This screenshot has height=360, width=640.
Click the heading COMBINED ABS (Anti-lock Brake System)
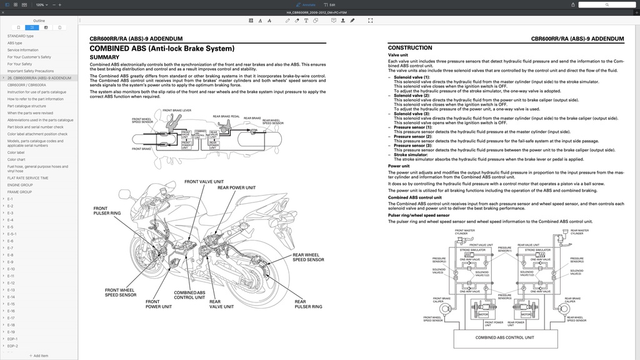pyautogui.click(x=162, y=48)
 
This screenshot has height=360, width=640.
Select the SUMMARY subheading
pyautogui.click(x=104, y=57)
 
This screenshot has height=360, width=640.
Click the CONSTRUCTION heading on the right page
pyautogui.click(x=410, y=47)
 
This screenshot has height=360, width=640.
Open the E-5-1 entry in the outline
pyautogui.click(x=12, y=234)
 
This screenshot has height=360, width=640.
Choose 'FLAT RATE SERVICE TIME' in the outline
pyautogui.click(x=27, y=178)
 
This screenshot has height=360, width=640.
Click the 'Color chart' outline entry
pyautogui.click(x=16, y=159)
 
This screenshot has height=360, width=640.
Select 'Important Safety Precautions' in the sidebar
pyautogui.click(x=31, y=71)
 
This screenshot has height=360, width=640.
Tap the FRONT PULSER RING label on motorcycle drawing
pyautogui.click(x=107, y=211)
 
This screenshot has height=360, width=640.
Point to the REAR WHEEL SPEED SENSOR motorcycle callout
pyautogui.click(x=308, y=257)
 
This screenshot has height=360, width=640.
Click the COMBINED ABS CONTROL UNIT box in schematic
pyautogui.click(x=504, y=337)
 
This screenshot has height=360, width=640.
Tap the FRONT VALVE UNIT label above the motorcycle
pyautogui.click(x=204, y=182)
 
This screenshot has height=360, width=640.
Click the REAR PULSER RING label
pyautogui.click(x=308, y=304)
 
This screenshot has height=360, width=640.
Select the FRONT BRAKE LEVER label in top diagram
pyautogui.click(x=177, y=111)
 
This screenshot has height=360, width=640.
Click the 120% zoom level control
pyautogui.click(x=41, y=4)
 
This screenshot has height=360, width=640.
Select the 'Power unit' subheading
pyautogui.click(x=399, y=166)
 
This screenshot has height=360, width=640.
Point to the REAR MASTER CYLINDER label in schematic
pyautogui.click(x=579, y=231)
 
